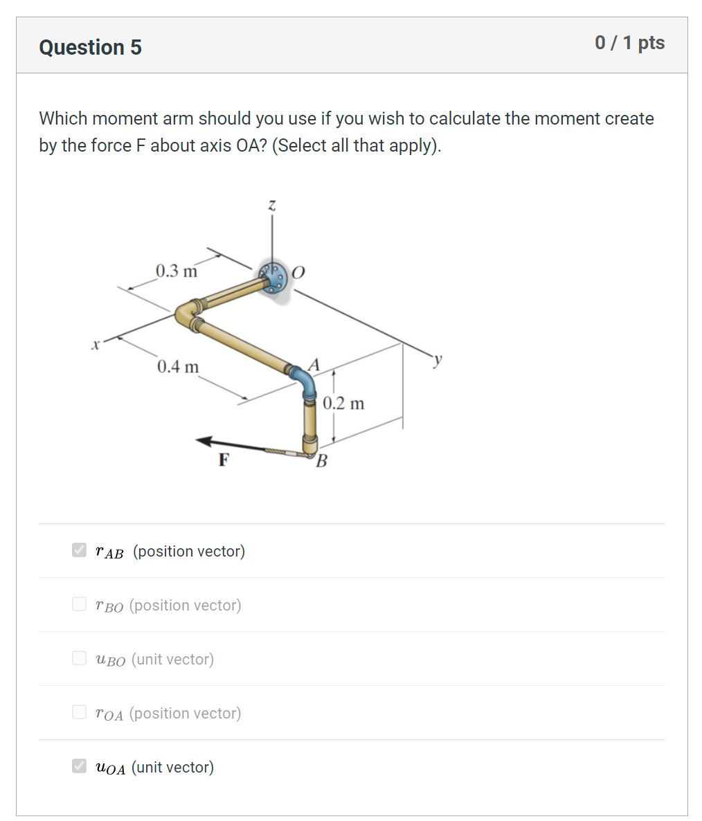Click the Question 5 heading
coord(90,47)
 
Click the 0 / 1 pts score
coord(629,43)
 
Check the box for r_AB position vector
coord(80,550)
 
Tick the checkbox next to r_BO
coord(80,604)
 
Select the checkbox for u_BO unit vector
coord(80,658)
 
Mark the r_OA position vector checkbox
coord(80,712)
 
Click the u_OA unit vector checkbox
coord(80,766)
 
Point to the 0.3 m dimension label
coord(177,271)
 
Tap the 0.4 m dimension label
coord(178,366)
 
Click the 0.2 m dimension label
coord(343,403)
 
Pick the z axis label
coord(272,205)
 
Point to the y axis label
coord(438,359)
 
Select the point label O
coord(298,272)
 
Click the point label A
coord(314,364)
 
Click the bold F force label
coord(223,460)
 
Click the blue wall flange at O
coord(272,278)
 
